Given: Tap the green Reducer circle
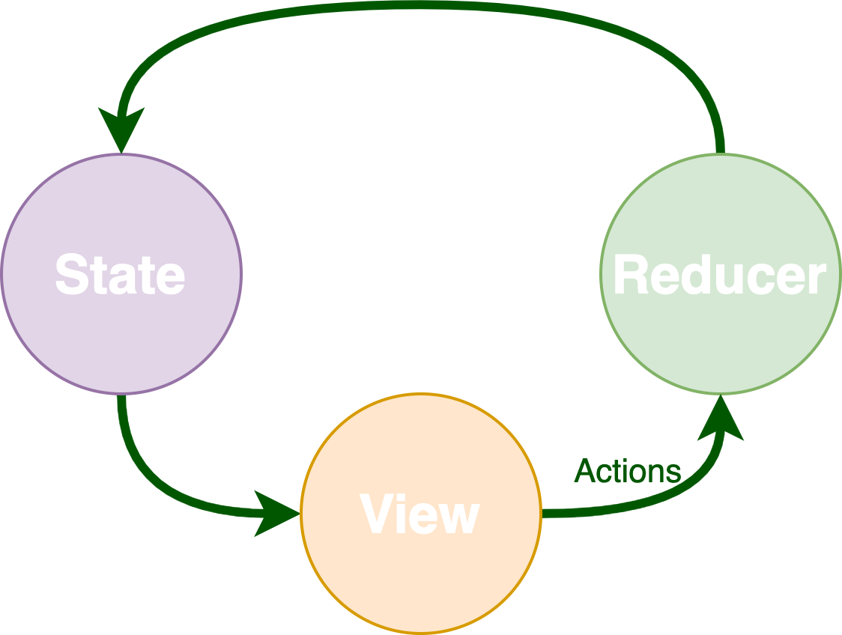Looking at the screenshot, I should pos(720,337).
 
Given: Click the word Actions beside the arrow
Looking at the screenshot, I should pos(628,472).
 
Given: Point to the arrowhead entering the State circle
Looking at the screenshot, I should pos(121,131).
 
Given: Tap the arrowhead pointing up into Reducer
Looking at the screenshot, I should pos(720,419).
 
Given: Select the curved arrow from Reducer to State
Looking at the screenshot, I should pos(420,5).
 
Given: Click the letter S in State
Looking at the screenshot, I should pos(69,275).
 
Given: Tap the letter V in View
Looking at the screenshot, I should pos(376,514).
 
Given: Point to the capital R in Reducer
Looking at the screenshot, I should pos(629,276).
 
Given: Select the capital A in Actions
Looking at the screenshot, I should pos(585,472).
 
